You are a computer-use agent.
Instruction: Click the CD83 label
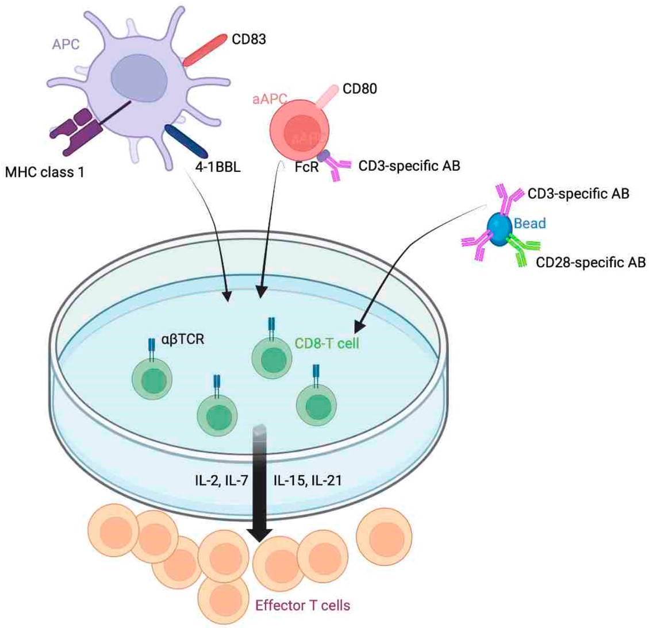(x=249, y=40)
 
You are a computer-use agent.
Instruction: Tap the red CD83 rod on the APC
(x=205, y=50)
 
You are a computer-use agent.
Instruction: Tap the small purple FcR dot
(x=324, y=156)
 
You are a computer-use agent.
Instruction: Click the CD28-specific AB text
(x=590, y=263)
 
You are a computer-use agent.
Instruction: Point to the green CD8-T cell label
(x=327, y=344)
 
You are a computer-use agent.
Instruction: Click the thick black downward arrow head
(x=260, y=534)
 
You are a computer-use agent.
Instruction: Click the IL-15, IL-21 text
(x=308, y=480)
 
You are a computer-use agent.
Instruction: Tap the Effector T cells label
(x=303, y=604)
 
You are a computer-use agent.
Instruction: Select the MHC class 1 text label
(x=44, y=171)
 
